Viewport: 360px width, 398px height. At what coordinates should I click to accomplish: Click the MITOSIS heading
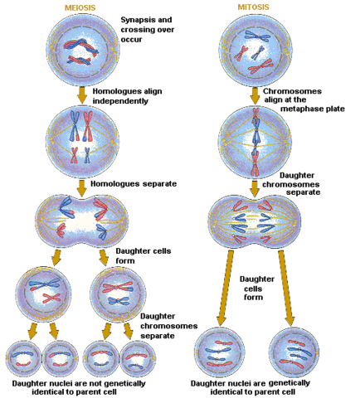(x=251, y=8)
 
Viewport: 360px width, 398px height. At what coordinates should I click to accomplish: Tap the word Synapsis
(x=142, y=18)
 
